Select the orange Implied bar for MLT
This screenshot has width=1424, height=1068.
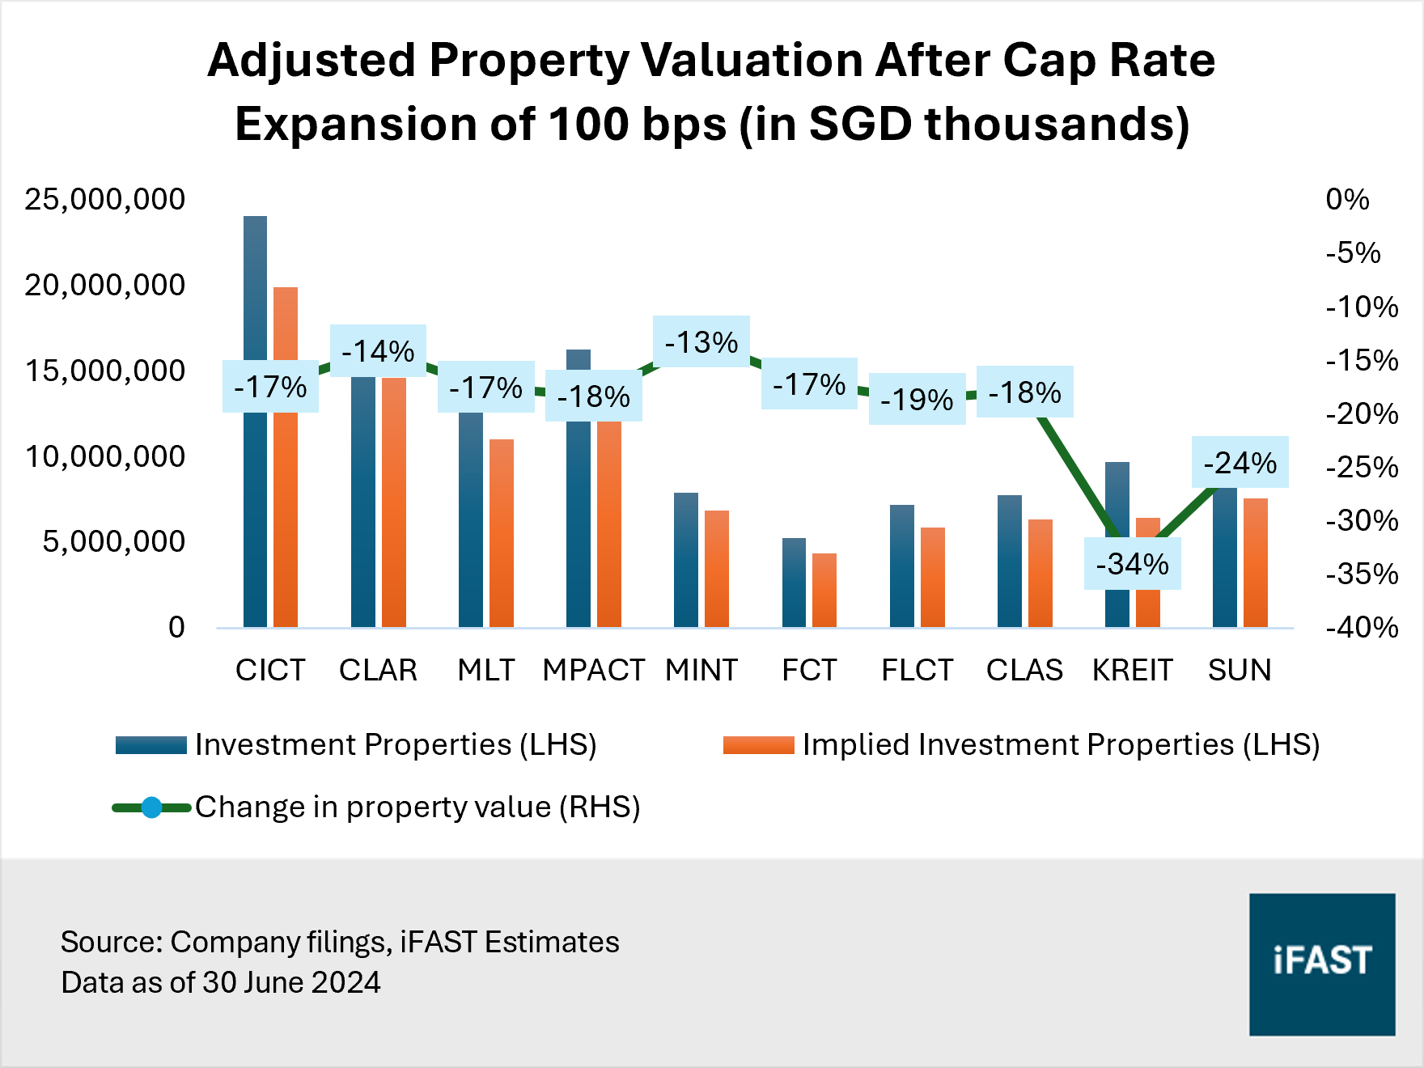502,534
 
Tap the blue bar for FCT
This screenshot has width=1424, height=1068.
794,583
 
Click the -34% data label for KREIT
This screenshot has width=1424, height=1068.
1132,564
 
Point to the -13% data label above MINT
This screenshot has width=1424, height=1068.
701,341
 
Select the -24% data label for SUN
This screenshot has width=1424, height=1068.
1240,463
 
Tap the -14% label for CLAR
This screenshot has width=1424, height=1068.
378,350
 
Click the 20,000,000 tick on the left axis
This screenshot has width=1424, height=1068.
105,285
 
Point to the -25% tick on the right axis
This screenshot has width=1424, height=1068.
1362,467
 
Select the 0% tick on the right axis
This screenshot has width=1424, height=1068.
1347,199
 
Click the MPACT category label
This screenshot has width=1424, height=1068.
593,670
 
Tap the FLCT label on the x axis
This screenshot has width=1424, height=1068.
917,670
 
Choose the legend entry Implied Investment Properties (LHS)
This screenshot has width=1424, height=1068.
1060,744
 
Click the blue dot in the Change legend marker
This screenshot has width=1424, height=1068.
151,807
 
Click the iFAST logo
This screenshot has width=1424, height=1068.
1322,964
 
